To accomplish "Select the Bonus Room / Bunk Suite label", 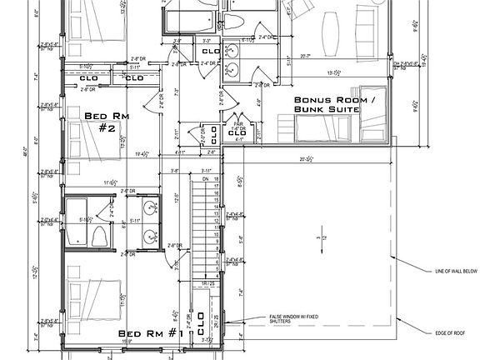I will (326, 104).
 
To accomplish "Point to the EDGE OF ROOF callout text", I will (447, 333).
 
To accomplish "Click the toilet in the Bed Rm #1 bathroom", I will (97, 234).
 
